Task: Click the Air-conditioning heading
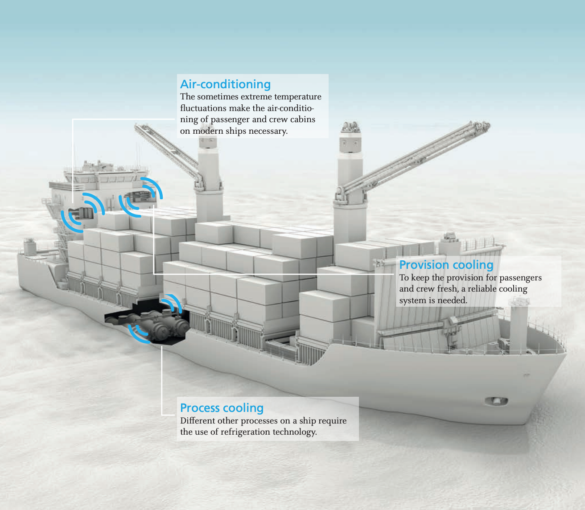pyautogui.click(x=225, y=84)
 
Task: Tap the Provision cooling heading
pyautogui.click(x=446, y=265)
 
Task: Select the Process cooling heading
pyautogui.click(x=222, y=408)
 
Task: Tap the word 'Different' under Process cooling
pyautogui.click(x=197, y=420)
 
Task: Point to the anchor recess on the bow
pyautogui.click(x=496, y=401)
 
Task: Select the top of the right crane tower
pyautogui.click(x=350, y=127)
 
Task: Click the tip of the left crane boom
pyautogui.click(x=136, y=126)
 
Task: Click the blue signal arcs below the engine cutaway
pyautogui.click(x=137, y=334)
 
